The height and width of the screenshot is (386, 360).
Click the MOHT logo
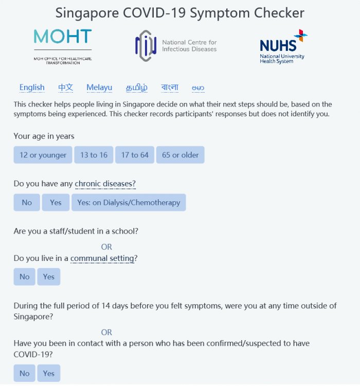pyautogui.click(x=62, y=46)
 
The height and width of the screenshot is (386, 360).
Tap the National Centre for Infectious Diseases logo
pyautogui.click(x=175, y=46)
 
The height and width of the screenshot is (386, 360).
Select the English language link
pyautogui.click(x=32, y=87)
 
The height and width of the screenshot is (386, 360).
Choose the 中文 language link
pyautogui.click(x=65, y=87)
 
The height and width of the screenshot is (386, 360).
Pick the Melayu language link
pyautogui.click(x=99, y=87)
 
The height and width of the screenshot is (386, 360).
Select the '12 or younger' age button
pyautogui.click(x=43, y=155)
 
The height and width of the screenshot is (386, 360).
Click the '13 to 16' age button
pyautogui.click(x=94, y=155)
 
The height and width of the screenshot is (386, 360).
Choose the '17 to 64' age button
pyautogui.click(x=135, y=155)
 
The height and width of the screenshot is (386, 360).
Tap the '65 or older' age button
pyautogui.click(x=181, y=155)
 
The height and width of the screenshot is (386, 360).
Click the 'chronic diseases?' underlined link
pyautogui.click(x=109, y=184)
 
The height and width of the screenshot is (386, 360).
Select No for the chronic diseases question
pyautogui.click(x=27, y=203)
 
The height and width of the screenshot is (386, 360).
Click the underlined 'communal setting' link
pyautogui.click(x=103, y=258)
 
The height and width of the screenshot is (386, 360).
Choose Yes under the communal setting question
pyautogui.click(x=49, y=277)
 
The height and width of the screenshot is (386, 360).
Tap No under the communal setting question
pyautogui.click(x=25, y=277)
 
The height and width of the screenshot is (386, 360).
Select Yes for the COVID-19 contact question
pyautogui.click(x=49, y=374)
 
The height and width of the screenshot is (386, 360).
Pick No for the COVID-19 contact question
pyautogui.click(x=25, y=374)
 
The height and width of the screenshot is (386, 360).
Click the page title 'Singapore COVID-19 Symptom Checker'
pyautogui.click(x=179, y=13)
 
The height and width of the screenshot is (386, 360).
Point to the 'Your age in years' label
pyautogui.click(x=44, y=136)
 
